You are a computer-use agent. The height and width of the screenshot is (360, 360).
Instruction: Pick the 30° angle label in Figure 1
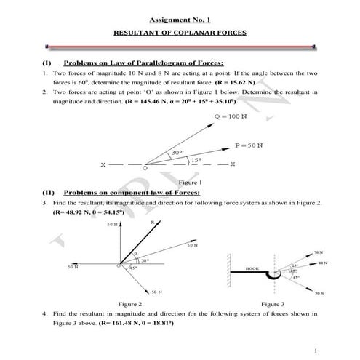176,153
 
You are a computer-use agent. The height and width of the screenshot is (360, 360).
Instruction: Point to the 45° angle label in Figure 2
133,268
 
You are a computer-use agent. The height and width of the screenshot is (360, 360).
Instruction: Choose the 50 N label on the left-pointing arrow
72,267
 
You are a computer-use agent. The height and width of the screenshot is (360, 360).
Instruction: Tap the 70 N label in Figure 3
317,253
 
